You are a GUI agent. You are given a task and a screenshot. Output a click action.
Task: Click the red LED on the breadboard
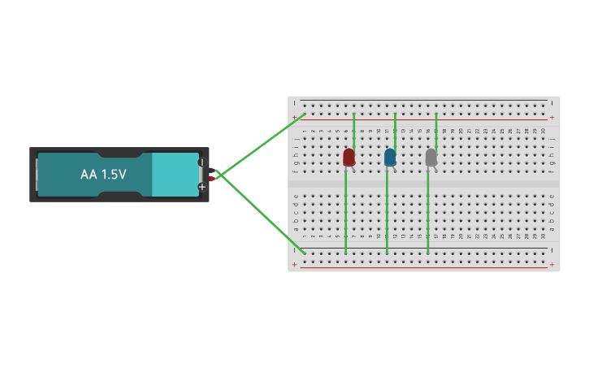[349, 157]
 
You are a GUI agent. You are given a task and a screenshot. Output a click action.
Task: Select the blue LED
[390, 157]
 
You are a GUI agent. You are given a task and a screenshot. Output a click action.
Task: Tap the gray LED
[431, 157]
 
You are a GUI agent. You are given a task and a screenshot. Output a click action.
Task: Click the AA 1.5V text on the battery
[103, 175]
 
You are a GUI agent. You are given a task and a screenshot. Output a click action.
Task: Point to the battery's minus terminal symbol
[201, 162]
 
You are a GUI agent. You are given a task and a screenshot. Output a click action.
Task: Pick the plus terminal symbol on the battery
[201, 187]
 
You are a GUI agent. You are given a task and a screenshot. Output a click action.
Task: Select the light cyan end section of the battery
[175, 175]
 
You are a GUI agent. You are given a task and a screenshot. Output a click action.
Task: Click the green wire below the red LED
[346, 211]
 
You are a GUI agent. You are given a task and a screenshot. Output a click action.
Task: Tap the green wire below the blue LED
[387, 211]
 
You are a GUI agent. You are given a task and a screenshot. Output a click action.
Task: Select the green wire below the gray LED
[428, 211]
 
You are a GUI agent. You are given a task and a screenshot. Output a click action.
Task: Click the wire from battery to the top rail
[260, 145]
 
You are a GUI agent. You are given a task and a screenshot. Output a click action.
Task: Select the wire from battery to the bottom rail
[260, 213]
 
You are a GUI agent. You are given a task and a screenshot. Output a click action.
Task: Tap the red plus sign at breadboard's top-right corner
[552, 118]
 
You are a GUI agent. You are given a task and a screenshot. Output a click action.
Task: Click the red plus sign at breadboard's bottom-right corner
[552, 265]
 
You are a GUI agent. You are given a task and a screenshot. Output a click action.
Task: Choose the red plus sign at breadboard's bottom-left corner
[294, 265]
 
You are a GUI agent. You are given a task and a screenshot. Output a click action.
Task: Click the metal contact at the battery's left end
[37, 175]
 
